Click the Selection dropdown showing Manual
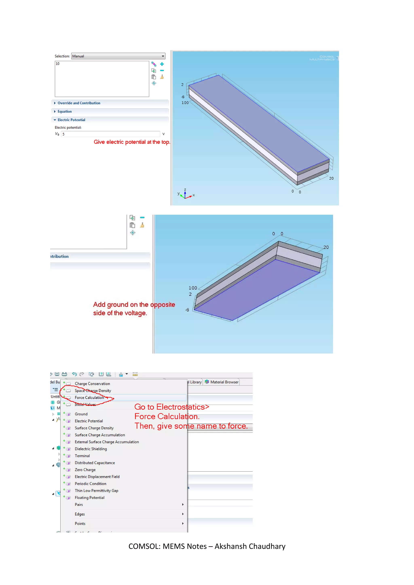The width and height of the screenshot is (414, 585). (118, 56)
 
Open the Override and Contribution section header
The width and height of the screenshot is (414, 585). (79, 103)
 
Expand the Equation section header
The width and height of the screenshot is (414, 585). (64, 111)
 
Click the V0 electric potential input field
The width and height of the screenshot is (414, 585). (110, 134)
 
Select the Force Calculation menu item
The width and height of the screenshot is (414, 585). (89, 398)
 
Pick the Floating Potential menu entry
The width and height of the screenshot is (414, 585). (90, 497)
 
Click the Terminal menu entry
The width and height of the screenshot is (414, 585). (82, 456)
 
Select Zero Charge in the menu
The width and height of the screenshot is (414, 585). (85, 470)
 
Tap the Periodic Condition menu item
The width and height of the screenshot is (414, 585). (91, 484)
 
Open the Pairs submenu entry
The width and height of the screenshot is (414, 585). (79, 504)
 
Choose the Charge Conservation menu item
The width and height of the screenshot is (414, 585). (92, 383)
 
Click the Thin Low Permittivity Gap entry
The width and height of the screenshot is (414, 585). (96, 490)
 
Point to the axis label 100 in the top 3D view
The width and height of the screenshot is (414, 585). (185, 103)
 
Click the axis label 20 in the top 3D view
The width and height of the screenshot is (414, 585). (331, 178)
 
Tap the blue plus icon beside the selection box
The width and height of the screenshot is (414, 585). (162, 64)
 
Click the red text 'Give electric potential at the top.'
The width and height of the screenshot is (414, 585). (132, 142)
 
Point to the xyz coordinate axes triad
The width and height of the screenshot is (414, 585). (185, 194)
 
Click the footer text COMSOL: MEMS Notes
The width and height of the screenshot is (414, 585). (207, 546)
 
